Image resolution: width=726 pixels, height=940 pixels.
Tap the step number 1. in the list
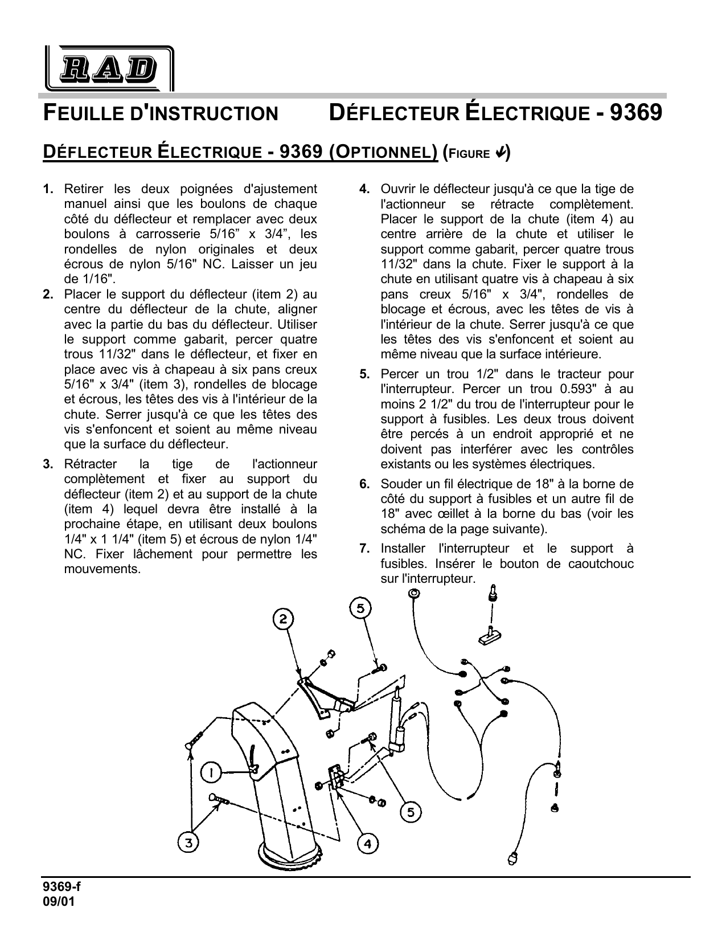click(x=48, y=189)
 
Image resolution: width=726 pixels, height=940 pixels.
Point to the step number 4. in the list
click(x=365, y=189)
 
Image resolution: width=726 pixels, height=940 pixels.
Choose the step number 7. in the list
click(x=365, y=549)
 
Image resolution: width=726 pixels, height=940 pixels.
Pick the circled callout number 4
click(x=368, y=844)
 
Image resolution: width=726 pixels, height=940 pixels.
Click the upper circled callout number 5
click(x=360, y=608)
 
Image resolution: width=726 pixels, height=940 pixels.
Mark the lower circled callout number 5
click(x=411, y=812)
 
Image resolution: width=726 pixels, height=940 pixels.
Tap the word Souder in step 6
click(x=399, y=484)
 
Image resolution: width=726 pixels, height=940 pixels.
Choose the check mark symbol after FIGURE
click(x=501, y=153)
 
